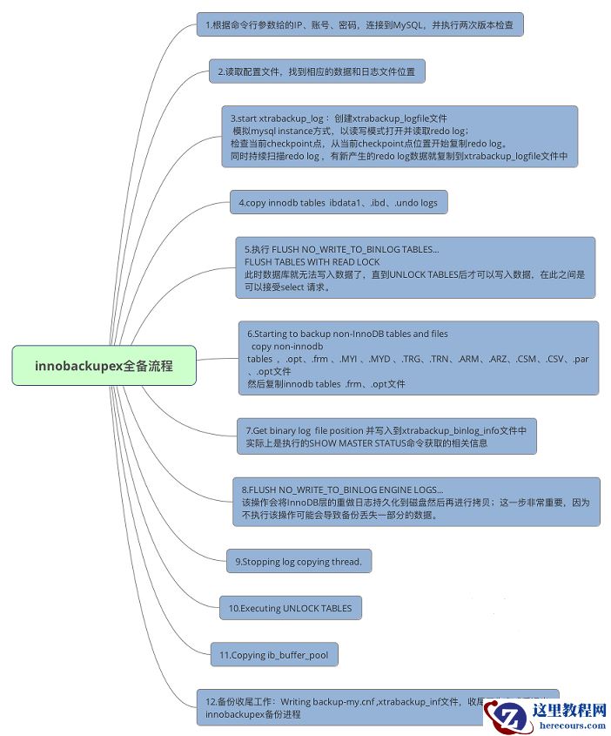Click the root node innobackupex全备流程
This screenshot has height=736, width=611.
[x=104, y=366]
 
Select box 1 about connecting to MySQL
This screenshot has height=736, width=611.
[x=359, y=25]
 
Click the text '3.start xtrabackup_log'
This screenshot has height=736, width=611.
[x=280, y=118]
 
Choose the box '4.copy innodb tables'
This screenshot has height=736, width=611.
[x=339, y=203]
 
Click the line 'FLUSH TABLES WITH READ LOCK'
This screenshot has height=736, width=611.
[x=312, y=261]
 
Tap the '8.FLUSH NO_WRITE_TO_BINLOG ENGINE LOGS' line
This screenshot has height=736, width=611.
[x=342, y=489]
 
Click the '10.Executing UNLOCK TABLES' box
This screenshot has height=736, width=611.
[x=290, y=608]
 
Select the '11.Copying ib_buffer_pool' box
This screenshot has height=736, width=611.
[x=273, y=655]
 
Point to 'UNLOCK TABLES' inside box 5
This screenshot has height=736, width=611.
[x=408, y=273]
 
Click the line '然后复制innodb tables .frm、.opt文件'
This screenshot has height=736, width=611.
[x=326, y=383]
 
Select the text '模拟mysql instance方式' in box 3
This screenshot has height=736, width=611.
[x=284, y=130]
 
